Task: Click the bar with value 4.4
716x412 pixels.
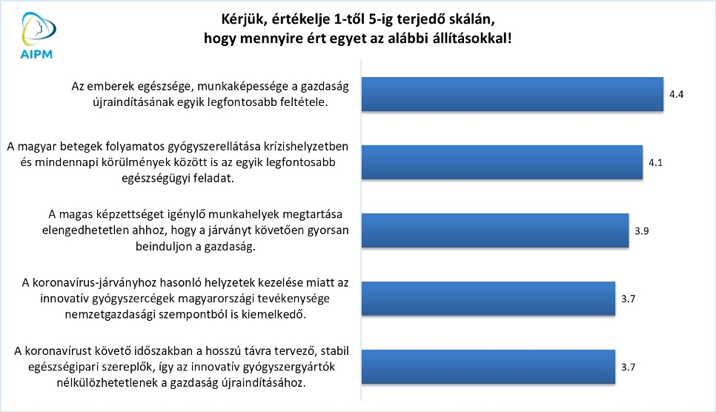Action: pyautogui.click(x=512, y=94)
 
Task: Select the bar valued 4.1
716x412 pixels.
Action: pyautogui.click(x=503, y=162)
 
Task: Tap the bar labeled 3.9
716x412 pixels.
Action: pyautogui.click(x=495, y=230)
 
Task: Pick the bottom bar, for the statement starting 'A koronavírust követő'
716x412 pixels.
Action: pyautogui.click(x=488, y=367)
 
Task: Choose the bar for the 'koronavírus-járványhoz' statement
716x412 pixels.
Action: pyautogui.click(x=488, y=299)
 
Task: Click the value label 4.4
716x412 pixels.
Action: pyautogui.click(x=676, y=95)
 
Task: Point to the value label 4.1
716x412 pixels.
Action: pyautogui.click(x=656, y=162)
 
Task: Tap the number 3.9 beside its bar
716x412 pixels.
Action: pyautogui.click(x=642, y=231)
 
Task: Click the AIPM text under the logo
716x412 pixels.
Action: pyautogui.click(x=36, y=54)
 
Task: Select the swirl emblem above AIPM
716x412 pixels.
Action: pyautogui.click(x=39, y=28)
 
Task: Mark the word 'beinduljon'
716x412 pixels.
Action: pyautogui.click(x=162, y=247)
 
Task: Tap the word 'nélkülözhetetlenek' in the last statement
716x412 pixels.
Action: pyautogui.click(x=107, y=383)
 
